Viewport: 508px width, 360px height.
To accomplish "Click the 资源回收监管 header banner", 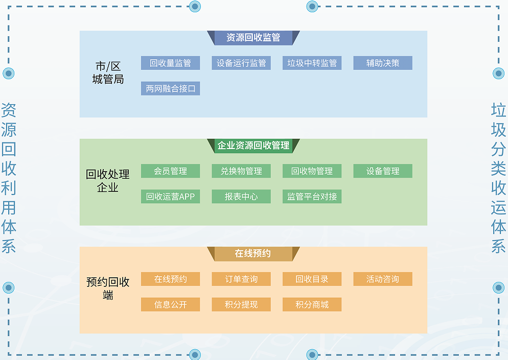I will (x=253, y=38).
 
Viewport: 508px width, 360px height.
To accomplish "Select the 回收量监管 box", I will (x=170, y=63).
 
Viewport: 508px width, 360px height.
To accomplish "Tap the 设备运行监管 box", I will (x=241, y=63).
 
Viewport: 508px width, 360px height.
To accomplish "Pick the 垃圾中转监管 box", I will (x=312, y=63).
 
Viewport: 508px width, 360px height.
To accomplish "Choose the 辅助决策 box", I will (x=383, y=63).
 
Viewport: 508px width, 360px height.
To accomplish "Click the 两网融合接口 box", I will (x=170, y=89).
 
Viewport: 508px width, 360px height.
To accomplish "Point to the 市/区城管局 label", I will (x=108, y=73).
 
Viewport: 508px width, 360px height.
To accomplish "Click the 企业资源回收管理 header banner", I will (x=253, y=146).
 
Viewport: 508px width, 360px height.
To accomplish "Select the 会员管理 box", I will (x=170, y=171).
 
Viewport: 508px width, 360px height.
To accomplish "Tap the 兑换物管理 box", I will (x=241, y=171).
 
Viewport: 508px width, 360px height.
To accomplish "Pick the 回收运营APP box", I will (x=170, y=197).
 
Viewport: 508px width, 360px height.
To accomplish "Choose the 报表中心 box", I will (x=241, y=197).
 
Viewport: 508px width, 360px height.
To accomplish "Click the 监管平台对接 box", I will (x=312, y=197).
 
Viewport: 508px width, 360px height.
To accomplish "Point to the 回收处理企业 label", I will (x=108, y=181).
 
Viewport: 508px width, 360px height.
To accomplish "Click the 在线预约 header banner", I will (x=253, y=254).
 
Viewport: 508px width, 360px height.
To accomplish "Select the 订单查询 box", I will (x=241, y=279).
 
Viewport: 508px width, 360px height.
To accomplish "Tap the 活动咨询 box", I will (x=383, y=279).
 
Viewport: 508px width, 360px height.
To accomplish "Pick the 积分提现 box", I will (x=241, y=305).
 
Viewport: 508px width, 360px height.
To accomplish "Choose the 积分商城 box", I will (x=312, y=305).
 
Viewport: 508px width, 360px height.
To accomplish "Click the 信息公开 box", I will (x=170, y=305).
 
